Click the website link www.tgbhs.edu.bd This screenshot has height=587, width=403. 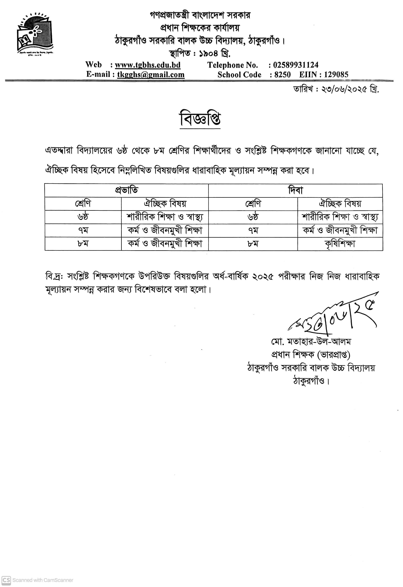click(148, 65)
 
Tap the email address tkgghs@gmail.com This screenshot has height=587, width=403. click(151, 75)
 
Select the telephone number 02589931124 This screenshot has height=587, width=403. click(296, 65)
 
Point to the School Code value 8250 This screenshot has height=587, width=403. click(282, 75)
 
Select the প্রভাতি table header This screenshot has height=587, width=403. click(127, 190)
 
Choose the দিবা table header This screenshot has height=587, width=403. click(295, 190)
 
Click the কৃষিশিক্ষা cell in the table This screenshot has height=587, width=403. click(340, 244)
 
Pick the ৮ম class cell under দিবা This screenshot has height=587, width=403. click(253, 244)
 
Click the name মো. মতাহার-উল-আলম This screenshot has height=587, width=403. click(311, 342)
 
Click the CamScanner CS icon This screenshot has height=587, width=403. click(6, 580)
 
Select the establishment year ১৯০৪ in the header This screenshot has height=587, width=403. click(208, 54)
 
